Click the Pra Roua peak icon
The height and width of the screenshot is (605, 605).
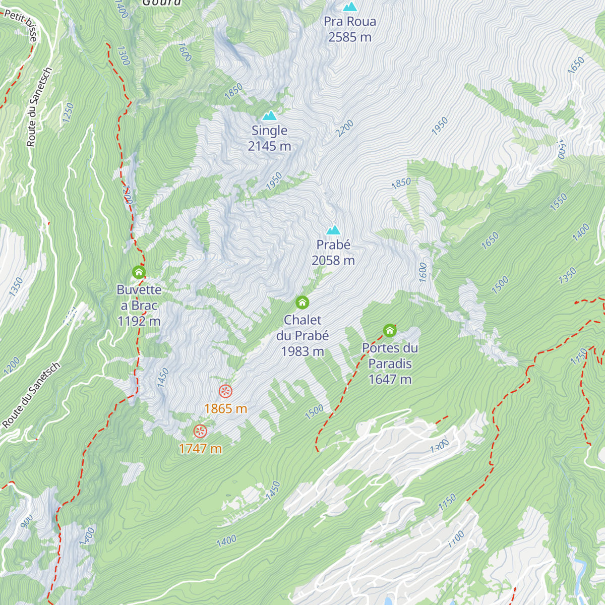pos(349,7)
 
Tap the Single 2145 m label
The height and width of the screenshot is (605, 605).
pos(270,138)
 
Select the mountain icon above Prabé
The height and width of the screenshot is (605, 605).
pos(333,230)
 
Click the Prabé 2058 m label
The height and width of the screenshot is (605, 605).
pos(333,253)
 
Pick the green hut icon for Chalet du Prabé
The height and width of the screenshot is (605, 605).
pos(302,302)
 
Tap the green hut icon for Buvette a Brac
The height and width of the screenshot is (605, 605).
pos(139,272)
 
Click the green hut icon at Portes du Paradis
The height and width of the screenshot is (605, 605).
pos(390,331)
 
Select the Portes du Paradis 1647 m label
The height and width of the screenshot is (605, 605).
pos(390,364)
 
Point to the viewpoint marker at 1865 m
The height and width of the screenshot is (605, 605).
pos(225,391)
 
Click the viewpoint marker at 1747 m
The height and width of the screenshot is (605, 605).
pos(200,431)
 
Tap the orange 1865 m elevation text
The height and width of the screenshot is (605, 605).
pos(225,408)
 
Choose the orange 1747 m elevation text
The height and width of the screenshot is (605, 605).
pos(200,448)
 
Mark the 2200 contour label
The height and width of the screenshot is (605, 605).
pos(345,129)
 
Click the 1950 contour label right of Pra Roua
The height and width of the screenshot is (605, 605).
pos(440,126)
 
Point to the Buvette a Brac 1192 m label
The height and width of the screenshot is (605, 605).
pos(139,305)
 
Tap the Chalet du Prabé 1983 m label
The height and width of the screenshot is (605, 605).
pos(302,335)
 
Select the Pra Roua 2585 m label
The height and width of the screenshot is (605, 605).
pos(350,29)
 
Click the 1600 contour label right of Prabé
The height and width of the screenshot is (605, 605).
pos(422,272)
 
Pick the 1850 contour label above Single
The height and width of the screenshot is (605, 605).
pos(233,90)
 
